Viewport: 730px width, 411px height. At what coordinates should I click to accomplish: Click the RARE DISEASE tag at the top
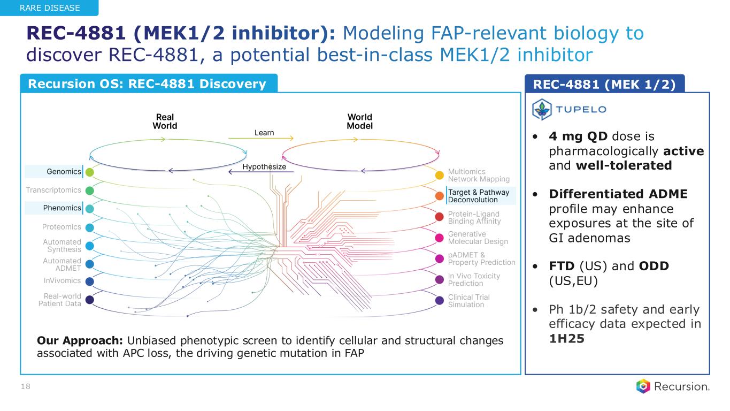[x=49, y=7]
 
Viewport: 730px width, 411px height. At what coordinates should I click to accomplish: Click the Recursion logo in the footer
[x=673, y=386]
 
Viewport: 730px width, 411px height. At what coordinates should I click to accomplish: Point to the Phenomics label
[x=62, y=208]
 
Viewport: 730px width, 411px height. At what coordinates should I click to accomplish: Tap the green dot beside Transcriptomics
[x=90, y=190]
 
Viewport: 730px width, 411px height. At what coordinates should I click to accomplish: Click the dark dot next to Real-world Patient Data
[x=90, y=300]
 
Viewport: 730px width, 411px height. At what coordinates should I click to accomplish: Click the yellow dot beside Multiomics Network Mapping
[x=439, y=174]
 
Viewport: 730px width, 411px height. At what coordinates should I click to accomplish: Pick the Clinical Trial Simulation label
[x=468, y=301]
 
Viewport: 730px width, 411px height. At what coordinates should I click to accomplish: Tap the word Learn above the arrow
[x=264, y=133]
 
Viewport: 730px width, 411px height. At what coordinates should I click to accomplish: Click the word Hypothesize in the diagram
[x=264, y=167]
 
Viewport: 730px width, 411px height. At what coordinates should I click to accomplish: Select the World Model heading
[x=359, y=121]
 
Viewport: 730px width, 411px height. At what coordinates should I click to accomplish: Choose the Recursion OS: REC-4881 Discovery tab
[x=147, y=83]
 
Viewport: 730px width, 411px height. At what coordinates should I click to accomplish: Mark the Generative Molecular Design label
[x=478, y=238]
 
